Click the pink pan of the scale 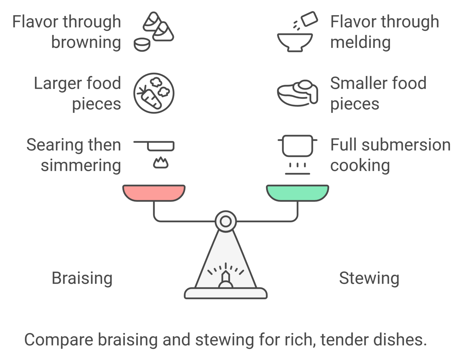[154, 193]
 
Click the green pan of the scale [297, 193]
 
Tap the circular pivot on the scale [226, 221]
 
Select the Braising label [82, 278]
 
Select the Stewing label [369, 278]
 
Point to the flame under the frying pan [161, 163]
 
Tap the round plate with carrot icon [154, 93]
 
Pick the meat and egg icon [297, 93]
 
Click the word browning [86, 42]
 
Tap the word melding [360, 42]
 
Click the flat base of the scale [226, 293]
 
